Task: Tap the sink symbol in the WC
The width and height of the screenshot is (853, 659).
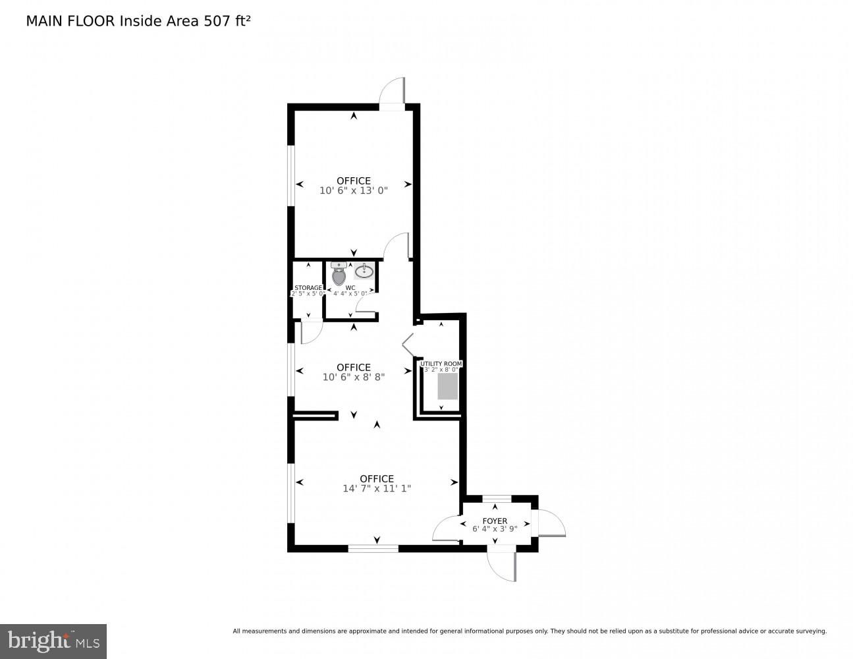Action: pyautogui.click(x=364, y=271)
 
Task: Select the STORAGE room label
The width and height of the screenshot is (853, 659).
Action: pyautogui.click(x=308, y=288)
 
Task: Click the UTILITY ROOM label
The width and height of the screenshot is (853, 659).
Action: pyautogui.click(x=441, y=364)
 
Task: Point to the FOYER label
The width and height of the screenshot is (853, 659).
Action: pyautogui.click(x=495, y=521)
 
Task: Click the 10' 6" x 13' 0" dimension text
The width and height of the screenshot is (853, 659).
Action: pyautogui.click(x=354, y=190)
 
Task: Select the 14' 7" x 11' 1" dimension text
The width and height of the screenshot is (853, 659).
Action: pyautogui.click(x=377, y=489)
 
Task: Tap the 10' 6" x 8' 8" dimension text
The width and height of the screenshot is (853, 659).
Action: pyautogui.click(x=354, y=378)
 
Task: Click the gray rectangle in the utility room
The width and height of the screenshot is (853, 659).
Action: pyautogui.click(x=448, y=386)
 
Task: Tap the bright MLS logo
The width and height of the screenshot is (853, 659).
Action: pyautogui.click(x=53, y=641)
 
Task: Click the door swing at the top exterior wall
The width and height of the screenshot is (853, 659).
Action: pyautogui.click(x=393, y=91)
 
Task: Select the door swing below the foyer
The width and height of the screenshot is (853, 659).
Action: pyautogui.click(x=502, y=565)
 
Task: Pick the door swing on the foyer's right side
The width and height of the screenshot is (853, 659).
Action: pyautogui.click(x=552, y=523)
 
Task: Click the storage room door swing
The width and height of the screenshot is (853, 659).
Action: pyautogui.click(x=311, y=332)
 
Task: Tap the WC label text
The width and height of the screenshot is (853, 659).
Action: pyautogui.click(x=350, y=288)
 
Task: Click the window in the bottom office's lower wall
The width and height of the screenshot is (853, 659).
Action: pyautogui.click(x=373, y=548)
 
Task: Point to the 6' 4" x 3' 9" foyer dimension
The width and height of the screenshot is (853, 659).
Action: pyautogui.click(x=495, y=529)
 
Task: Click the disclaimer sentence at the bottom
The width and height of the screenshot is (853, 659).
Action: pyautogui.click(x=530, y=631)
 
